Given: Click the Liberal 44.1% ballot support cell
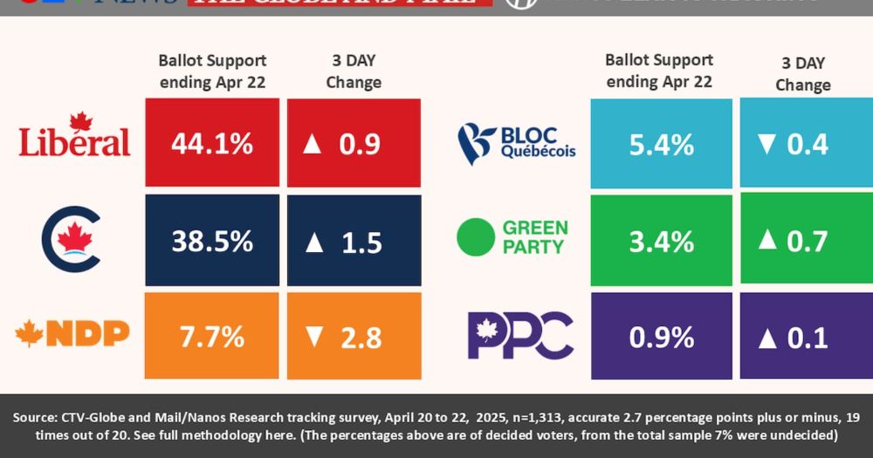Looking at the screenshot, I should pyautogui.click(x=212, y=143).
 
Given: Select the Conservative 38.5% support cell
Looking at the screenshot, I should pyautogui.click(x=212, y=241).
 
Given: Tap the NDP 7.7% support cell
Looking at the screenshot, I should pyautogui.click(x=212, y=335).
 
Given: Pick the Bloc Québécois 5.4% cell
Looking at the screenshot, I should pyautogui.click(x=661, y=143).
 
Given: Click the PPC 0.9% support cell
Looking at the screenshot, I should pyautogui.click(x=661, y=336).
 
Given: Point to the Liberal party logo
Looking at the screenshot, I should pyautogui.click(x=74, y=136).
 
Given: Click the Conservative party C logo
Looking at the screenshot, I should pyautogui.click(x=72, y=239).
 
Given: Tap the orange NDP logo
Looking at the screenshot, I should pyautogui.click(x=72, y=332).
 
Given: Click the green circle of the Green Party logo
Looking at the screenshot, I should pyautogui.click(x=477, y=236).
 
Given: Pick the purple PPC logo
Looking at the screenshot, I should pyautogui.click(x=520, y=335).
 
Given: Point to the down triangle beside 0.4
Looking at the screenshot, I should pyautogui.click(x=766, y=144).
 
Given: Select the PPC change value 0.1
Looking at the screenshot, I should pyautogui.click(x=808, y=337).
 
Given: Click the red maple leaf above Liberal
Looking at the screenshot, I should pyautogui.click(x=81, y=121).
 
